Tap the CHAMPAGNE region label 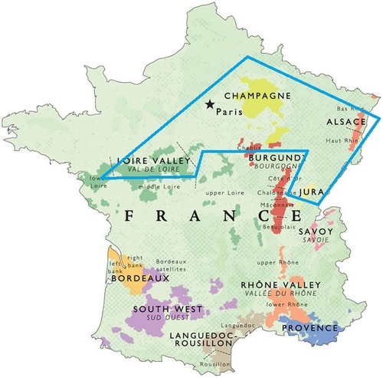257,96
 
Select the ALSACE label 346,123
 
